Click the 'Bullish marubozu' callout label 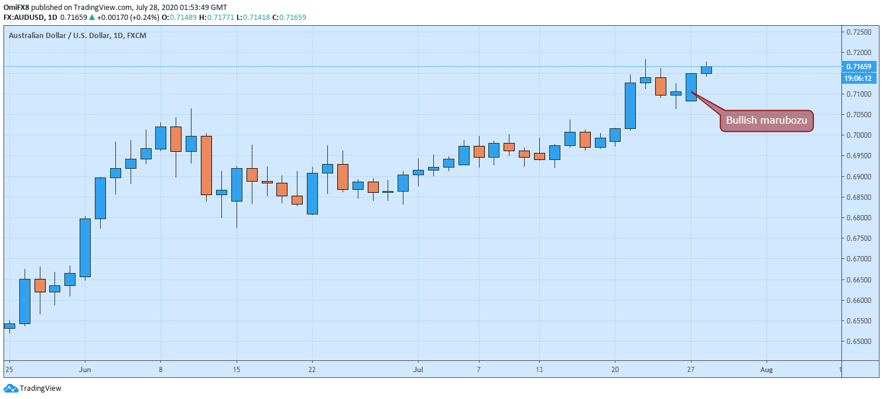pos(766,121)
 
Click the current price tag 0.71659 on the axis pos(858,67)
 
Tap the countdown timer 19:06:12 pos(858,78)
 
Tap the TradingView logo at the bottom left pos(33,388)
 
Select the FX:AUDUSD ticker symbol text pos(25,17)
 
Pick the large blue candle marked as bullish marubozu pos(691,87)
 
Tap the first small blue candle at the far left pos(9,325)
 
